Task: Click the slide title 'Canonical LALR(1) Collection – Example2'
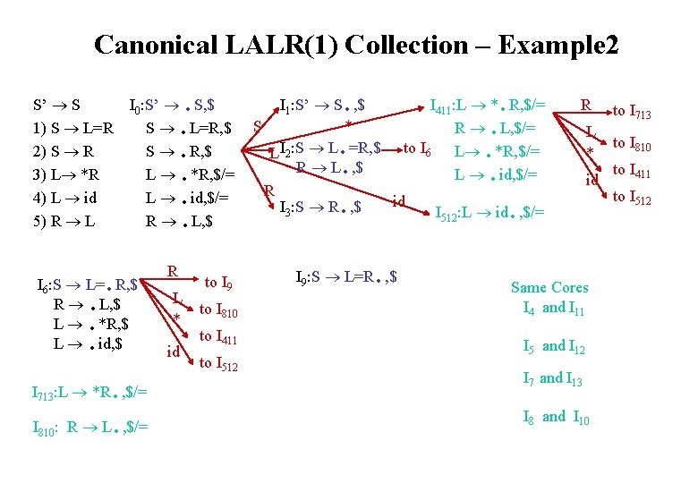pyautogui.click(x=355, y=45)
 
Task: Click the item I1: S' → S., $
pyautogui.click(x=326, y=103)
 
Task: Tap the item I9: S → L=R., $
pyautogui.click(x=346, y=276)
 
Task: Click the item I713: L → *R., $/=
pyautogui.click(x=89, y=392)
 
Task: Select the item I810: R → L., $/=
pyautogui.click(x=89, y=427)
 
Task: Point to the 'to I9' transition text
pyautogui.click(x=219, y=284)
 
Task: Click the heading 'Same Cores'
pyautogui.click(x=549, y=287)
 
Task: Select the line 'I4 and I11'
pyautogui.click(x=555, y=309)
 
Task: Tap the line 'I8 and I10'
pyautogui.click(x=554, y=416)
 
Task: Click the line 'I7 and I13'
pyautogui.click(x=552, y=379)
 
